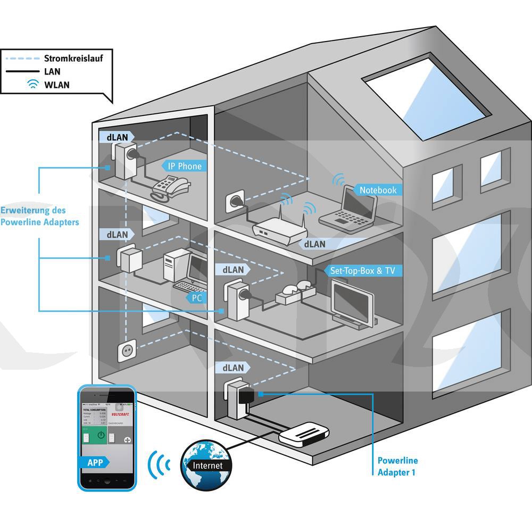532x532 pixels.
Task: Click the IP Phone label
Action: (185, 166)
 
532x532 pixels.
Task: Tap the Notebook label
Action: (378, 190)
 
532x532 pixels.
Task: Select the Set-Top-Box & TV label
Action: (362, 271)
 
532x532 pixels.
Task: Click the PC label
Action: (197, 298)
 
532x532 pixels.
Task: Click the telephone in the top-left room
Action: (170, 187)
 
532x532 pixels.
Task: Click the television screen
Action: (352, 301)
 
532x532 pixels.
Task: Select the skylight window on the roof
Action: (426, 98)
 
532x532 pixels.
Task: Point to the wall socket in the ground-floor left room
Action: (127, 351)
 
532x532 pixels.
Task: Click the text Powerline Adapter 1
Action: (397, 466)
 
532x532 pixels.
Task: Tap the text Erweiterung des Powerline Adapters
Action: (40, 216)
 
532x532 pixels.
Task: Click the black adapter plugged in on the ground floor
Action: (246, 396)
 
